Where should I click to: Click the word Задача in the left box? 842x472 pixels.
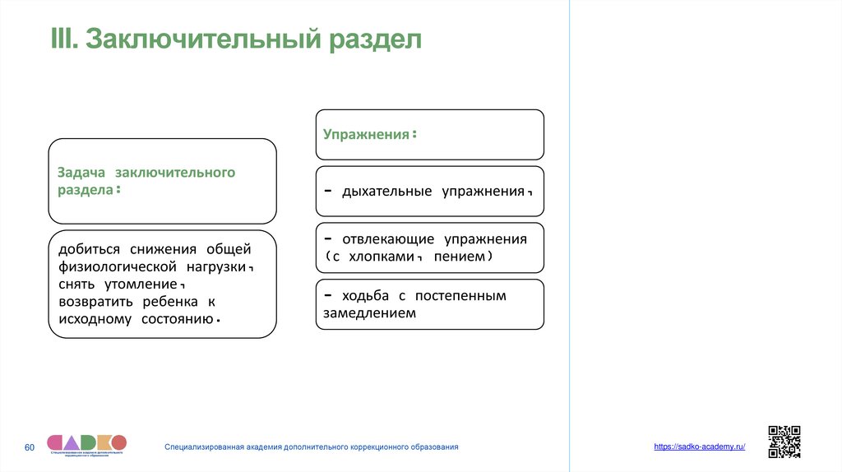[x=81, y=173]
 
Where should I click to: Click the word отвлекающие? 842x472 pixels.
[x=387, y=240]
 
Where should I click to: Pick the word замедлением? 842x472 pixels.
[x=369, y=313]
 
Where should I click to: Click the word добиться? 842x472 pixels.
[x=89, y=249]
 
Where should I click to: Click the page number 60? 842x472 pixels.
[x=30, y=447]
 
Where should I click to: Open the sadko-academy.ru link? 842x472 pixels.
[x=700, y=446]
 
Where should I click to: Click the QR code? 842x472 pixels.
[x=784, y=442]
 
